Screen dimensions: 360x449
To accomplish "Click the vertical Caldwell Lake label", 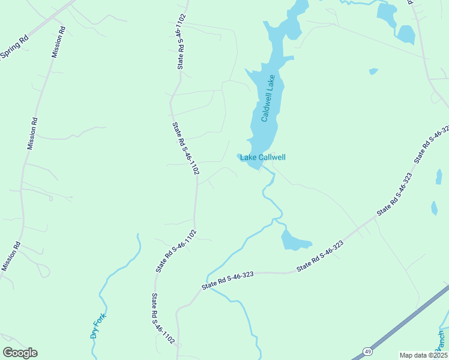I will click(x=268, y=98).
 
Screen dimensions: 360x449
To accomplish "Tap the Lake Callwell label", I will click(x=263, y=158).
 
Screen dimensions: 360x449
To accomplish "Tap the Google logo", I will click(x=20, y=352).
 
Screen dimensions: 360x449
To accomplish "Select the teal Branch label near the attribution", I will click(x=441, y=342).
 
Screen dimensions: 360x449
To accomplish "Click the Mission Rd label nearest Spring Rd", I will click(x=57, y=42).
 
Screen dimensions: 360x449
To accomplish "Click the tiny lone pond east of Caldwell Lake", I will click(x=373, y=71).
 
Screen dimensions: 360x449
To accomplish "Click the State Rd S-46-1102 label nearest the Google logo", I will click(x=163, y=319).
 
